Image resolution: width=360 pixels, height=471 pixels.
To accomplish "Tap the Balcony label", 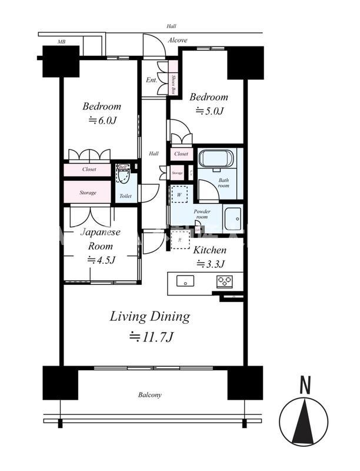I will (x=151, y=395).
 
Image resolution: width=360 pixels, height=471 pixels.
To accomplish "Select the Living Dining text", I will (x=150, y=317).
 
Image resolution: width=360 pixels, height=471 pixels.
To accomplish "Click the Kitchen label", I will (x=209, y=250).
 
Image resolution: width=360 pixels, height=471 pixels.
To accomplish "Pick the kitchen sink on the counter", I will (x=186, y=281).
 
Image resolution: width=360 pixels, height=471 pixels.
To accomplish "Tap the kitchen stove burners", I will (x=225, y=281).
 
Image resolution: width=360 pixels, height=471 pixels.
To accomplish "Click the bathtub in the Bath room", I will (x=216, y=159).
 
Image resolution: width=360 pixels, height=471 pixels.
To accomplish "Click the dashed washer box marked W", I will (x=179, y=193).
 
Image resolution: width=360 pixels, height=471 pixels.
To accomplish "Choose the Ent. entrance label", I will (x=151, y=80).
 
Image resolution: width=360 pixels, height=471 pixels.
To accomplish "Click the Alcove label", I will (x=177, y=40).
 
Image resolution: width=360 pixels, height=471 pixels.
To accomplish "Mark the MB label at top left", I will (x=61, y=42).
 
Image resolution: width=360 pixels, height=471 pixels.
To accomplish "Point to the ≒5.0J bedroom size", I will (x=208, y=111).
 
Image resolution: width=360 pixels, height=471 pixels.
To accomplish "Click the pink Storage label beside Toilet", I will (x=88, y=193).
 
